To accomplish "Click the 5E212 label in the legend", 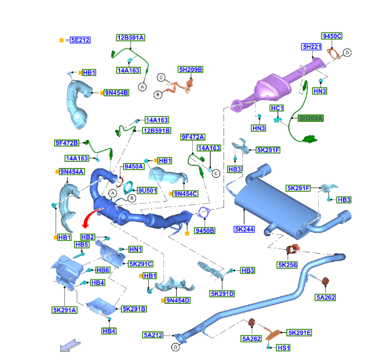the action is click(80, 40).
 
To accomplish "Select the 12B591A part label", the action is click(131, 38).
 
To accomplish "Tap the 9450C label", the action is click(332, 36).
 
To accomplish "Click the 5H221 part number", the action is click(312, 47).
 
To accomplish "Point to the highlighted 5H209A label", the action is click(311, 118).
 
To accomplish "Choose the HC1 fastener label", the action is click(277, 108).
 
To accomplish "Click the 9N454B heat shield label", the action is click(116, 93).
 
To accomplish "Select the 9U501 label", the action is click(147, 190).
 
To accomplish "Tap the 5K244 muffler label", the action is click(244, 229).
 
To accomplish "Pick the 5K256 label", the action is click(287, 265).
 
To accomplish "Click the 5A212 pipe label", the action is click(153, 335).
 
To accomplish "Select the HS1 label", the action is click(283, 348).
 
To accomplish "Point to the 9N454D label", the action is click(177, 300).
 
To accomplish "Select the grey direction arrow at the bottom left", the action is click(70, 345).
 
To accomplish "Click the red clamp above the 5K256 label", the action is click(293, 249).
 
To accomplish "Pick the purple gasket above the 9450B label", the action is click(204, 212).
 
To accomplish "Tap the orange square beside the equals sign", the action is click(62, 40).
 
